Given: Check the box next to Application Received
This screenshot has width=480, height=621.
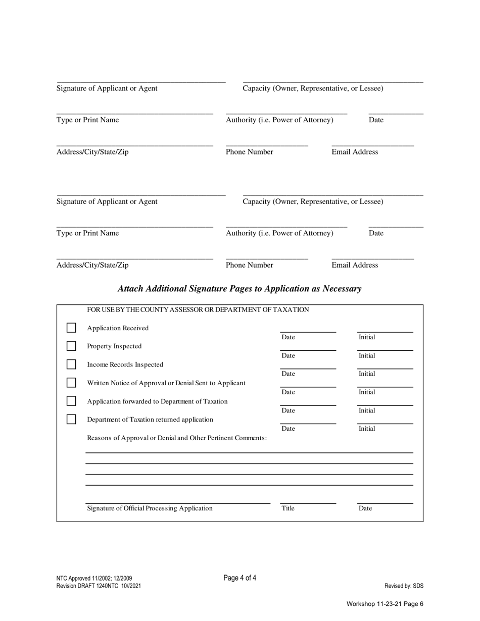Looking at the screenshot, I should tap(71, 328).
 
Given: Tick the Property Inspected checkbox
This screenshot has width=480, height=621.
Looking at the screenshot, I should tap(71, 346).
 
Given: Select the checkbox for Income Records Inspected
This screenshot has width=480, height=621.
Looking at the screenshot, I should tap(71, 365).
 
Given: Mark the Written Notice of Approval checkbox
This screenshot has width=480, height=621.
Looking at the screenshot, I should tap(71, 383).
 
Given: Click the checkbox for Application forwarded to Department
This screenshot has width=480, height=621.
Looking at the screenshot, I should tap(71, 401).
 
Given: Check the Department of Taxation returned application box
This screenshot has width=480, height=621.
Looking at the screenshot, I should tap(71, 419).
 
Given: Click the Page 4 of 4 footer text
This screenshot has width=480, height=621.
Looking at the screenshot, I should tap(239, 578).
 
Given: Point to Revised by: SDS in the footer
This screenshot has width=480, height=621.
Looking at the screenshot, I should tap(404, 586).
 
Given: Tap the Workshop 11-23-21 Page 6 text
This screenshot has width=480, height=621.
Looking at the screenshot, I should tap(385, 604).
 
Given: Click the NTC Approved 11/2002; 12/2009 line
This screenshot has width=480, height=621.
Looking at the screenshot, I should tap(94, 579).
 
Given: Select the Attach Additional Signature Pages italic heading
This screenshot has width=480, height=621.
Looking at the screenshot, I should tap(239, 289).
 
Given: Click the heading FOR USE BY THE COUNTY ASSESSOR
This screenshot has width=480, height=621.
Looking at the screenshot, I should tap(198, 309).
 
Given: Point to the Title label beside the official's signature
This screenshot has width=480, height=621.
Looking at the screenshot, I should tap(288, 508).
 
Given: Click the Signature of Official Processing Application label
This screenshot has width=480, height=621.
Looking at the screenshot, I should tap(150, 508).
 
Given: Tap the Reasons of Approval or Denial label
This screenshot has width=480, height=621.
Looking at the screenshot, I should tap(177, 438).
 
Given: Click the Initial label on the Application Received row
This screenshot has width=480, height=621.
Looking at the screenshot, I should tap(367, 337).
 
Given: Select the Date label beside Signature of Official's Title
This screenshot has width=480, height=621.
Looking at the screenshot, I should tap(365, 508).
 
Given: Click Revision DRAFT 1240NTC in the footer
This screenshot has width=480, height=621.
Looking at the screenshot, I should tap(99, 586).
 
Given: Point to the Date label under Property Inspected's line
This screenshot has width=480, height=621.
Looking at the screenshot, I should tap(288, 355).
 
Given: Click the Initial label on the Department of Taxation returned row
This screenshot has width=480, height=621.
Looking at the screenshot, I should tap(367, 429).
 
